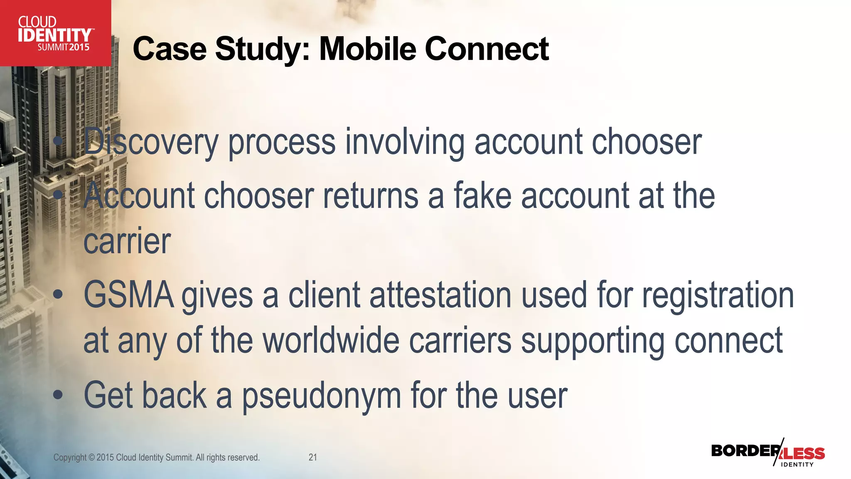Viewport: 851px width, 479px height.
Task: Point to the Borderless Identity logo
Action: point(768,453)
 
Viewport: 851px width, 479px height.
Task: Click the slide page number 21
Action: point(313,457)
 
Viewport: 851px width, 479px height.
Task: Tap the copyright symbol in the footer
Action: point(91,457)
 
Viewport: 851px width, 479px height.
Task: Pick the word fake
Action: point(482,196)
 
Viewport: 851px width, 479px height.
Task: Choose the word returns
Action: point(370,196)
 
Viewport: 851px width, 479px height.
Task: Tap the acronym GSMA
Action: point(129,295)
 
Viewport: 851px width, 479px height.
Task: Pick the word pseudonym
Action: point(322,396)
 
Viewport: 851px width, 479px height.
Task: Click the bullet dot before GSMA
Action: point(58,295)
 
